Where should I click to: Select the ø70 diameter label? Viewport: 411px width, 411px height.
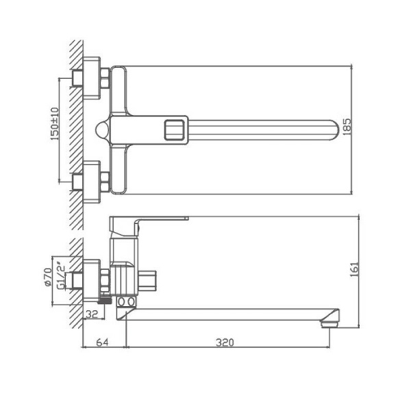point(49,277)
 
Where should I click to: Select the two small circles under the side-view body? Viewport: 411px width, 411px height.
point(127,302)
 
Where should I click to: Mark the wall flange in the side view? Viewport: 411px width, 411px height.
point(88,280)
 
